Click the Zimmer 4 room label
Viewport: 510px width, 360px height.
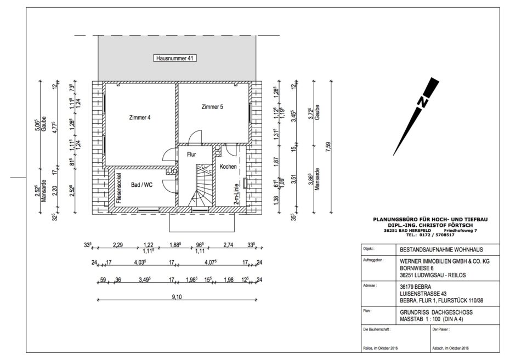[139, 117]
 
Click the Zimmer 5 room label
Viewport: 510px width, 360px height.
[212, 107]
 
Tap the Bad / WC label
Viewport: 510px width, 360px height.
[141, 186]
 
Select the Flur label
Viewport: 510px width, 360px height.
[191, 155]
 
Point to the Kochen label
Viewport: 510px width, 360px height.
[228, 166]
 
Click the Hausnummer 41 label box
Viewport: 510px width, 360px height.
[175, 58]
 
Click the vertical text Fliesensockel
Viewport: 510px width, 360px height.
[119, 188]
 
